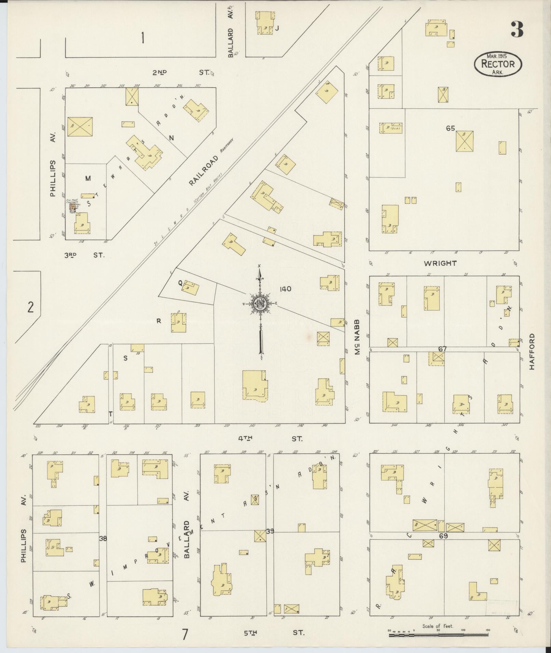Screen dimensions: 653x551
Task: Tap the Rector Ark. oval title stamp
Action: [498, 64]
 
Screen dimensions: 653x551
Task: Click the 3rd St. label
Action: [84, 255]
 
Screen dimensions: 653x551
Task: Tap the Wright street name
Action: [440, 263]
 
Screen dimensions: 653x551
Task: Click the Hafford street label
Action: [532, 352]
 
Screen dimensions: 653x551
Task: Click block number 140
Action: [285, 289]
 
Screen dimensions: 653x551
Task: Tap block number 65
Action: [450, 128]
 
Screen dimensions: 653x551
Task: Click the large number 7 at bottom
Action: [185, 635]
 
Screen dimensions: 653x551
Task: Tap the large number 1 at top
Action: [142, 38]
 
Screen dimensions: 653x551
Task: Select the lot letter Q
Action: [180, 283]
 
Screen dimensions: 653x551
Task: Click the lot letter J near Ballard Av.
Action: [277, 29]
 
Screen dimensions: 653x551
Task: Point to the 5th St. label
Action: [273, 633]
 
